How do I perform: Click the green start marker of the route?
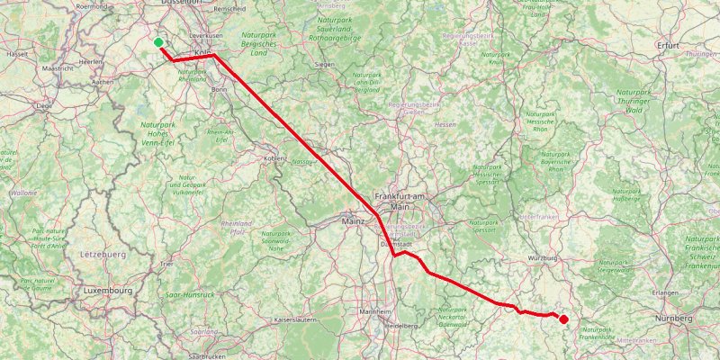(158, 42)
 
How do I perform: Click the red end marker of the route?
(563, 319)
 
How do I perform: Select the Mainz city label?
(352, 220)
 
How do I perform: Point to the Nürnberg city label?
(674, 319)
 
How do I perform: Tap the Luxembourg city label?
(108, 291)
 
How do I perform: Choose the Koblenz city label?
(274, 158)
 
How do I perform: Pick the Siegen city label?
(325, 65)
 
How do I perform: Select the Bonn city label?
(219, 90)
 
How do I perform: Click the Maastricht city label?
(58, 67)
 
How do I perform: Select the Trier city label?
(166, 265)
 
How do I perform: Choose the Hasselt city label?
(17, 54)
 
